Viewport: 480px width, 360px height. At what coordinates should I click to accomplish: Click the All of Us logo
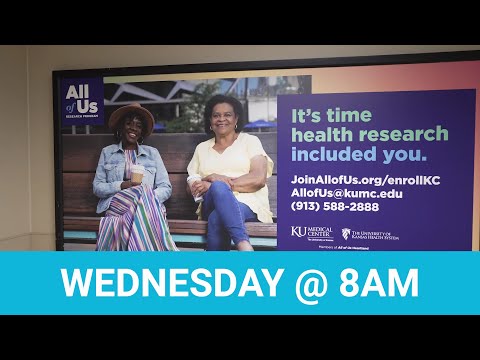(81, 100)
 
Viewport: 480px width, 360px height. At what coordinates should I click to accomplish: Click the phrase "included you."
(357, 155)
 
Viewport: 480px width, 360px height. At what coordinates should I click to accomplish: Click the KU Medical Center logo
(310, 234)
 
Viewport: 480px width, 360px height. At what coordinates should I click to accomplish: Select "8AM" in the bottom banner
(382, 283)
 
